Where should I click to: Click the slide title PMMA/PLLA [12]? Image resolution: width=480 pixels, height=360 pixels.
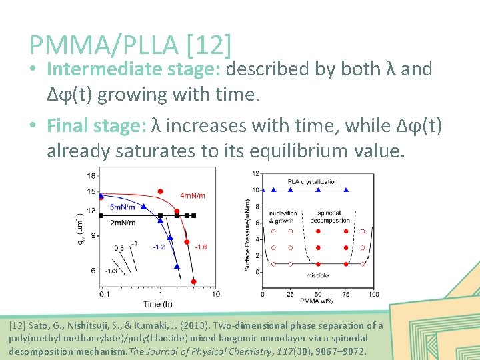pos(131,45)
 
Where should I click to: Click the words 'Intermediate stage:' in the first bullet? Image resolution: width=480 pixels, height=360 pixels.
pos(135,69)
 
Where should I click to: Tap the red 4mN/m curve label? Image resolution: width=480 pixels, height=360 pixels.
pos(193,195)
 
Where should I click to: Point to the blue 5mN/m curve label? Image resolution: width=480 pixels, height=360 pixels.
pos(125,207)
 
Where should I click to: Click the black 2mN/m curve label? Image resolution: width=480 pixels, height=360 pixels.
pos(123,222)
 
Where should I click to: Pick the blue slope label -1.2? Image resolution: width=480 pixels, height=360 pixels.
pos(159,247)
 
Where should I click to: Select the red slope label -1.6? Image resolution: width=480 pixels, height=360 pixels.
pos(200,247)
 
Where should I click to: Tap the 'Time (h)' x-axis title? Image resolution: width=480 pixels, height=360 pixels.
pos(157,303)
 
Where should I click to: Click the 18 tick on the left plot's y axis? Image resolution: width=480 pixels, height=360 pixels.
pos(91,175)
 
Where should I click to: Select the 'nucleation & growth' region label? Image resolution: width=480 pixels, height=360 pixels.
pos(282,217)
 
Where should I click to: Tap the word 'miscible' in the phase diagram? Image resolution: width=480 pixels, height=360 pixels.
pos(317,275)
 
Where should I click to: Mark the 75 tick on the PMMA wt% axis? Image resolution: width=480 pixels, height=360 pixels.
pos(345,294)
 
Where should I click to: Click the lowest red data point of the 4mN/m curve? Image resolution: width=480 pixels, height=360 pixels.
pos(193,281)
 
